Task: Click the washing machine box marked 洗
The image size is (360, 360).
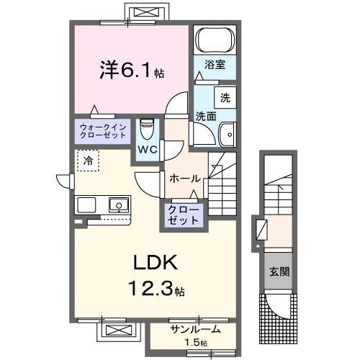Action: coord(224,97)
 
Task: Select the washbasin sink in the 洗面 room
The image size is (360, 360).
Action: coord(227,134)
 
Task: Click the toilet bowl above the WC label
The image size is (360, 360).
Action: coord(147,130)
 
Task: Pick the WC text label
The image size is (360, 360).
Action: coord(148,150)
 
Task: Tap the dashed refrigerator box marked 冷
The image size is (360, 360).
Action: coord(87,161)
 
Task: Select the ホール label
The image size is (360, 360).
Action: coord(184,178)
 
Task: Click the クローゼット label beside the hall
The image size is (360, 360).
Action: coord(185,215)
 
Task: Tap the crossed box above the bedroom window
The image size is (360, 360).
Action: coord(149,12)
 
